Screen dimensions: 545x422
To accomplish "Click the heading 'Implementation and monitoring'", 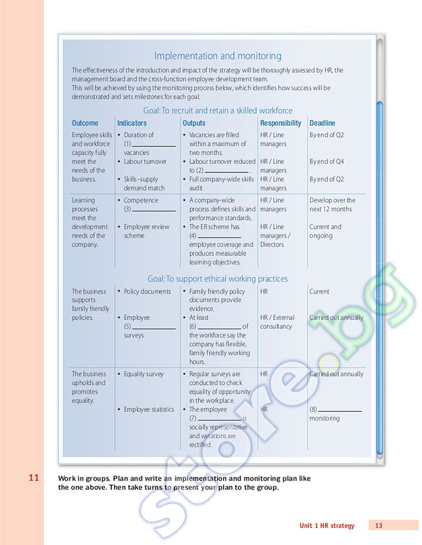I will [x=218, y=56].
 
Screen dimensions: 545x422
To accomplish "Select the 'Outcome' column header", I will [x=85, y=123].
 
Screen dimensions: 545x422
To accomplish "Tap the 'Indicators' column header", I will [x=132, y=123].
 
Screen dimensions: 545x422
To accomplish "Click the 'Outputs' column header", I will [x=194, y=123].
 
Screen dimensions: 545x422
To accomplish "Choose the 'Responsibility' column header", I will [x=280, y=123].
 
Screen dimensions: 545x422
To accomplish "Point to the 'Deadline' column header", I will [x=322, y=123].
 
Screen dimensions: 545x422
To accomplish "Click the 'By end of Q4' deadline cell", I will [x=326, y=162].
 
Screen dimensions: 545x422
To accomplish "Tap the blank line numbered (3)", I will [x=154, y=210].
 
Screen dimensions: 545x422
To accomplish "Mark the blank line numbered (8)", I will [x=340, y=410].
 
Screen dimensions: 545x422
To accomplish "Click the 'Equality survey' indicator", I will [x=143, y=374].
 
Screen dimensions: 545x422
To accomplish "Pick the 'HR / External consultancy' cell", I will [x=277, y=322].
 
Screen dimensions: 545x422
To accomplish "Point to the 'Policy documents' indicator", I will [x=147, y=292].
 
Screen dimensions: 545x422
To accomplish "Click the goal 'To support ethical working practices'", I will [x=218, y=279].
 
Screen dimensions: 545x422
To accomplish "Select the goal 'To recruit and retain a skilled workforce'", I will [x=218, y=111].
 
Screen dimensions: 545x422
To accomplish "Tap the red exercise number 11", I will [x=34, y=478].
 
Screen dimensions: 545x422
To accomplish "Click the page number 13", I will [x=378, y=526].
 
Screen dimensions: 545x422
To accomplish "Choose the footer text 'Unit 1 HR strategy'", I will [x=327, y=526].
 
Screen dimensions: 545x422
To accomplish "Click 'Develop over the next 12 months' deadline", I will [x=332, y=205].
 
